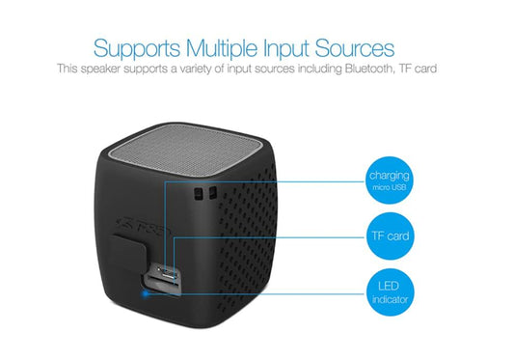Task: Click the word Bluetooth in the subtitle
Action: [376, 69]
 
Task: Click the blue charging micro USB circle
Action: [389, 180]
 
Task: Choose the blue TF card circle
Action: [389, 235]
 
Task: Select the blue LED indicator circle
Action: [389, 291]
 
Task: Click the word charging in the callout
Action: [389, 175]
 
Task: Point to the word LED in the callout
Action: [389, 285]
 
